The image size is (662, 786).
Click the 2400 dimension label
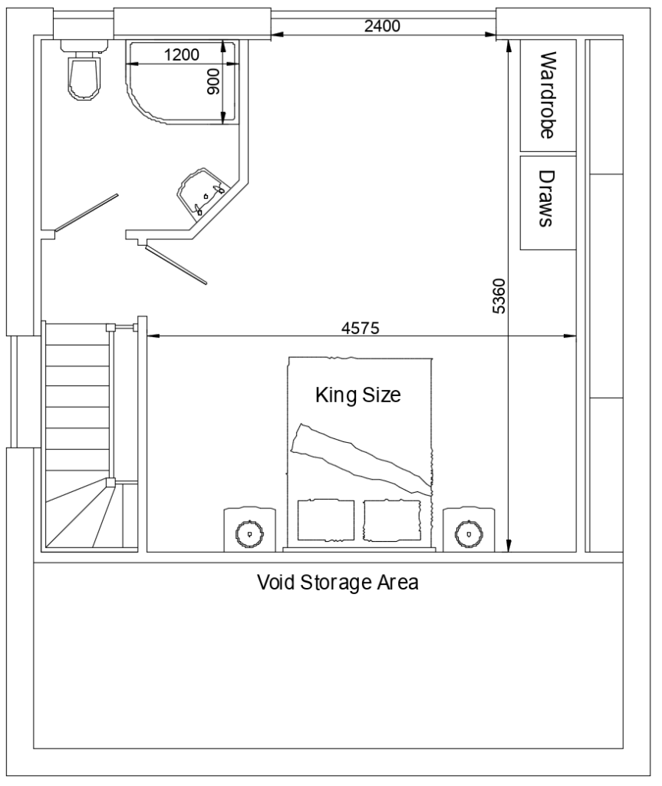381,25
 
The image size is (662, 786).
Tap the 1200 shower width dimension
182,54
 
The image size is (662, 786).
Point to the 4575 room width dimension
360,328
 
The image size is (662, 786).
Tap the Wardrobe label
547,95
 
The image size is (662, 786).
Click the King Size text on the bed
358,396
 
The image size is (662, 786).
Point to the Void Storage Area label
338,581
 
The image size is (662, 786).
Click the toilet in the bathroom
84,74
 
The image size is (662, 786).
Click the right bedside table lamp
466,531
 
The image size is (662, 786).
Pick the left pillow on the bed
325,520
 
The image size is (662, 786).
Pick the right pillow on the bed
392,520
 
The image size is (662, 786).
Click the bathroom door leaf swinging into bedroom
177,265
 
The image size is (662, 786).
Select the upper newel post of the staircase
110,328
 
